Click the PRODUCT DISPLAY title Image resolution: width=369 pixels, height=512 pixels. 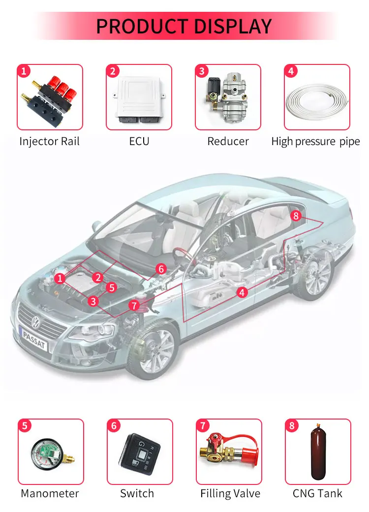pos(184,26)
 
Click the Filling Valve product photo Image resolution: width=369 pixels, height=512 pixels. pos(227,452)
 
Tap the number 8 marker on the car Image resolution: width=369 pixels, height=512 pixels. pos(296,215)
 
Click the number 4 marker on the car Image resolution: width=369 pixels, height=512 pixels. pos(242,292)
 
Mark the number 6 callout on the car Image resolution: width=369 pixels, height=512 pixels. pos(161,269)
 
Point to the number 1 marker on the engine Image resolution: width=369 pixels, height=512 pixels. pos(60,278)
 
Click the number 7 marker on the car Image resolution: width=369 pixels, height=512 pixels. pos(134,305)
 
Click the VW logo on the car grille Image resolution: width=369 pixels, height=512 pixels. pos(36,322)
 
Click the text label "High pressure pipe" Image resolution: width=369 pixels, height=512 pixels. pos(315,142)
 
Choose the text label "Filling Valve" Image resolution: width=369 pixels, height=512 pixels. pos(230,493)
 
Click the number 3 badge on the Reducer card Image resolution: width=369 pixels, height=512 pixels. pos(201,71)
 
